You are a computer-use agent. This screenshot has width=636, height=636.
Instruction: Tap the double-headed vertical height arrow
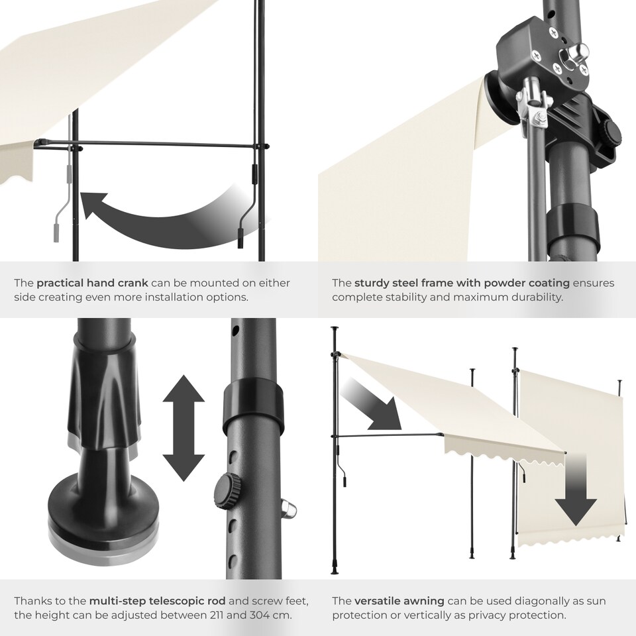(x=184, y=428)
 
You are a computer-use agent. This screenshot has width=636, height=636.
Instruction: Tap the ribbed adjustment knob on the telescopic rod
(x=228, y=492)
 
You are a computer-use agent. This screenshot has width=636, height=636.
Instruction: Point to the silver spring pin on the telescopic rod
(x=288, y=509)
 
